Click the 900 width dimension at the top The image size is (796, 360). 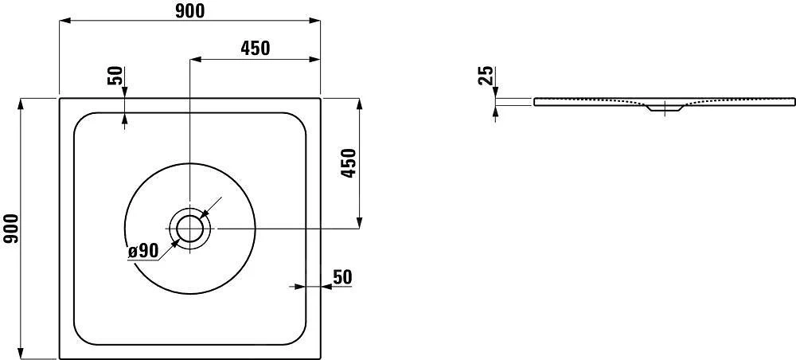tap(189, 10)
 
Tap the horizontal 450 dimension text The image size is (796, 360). tap(255, 48)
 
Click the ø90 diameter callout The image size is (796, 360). tap(143, 251)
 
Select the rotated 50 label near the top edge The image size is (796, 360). tap(116, 76)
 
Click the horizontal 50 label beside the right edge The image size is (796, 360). tap(341, 276)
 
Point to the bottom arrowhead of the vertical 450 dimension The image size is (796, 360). tap(360, 224)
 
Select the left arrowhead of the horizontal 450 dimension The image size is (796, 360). tap(194, 59)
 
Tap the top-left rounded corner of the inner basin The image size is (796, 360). tap(80, 119)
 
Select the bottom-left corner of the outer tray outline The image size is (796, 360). tap(60, 358)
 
